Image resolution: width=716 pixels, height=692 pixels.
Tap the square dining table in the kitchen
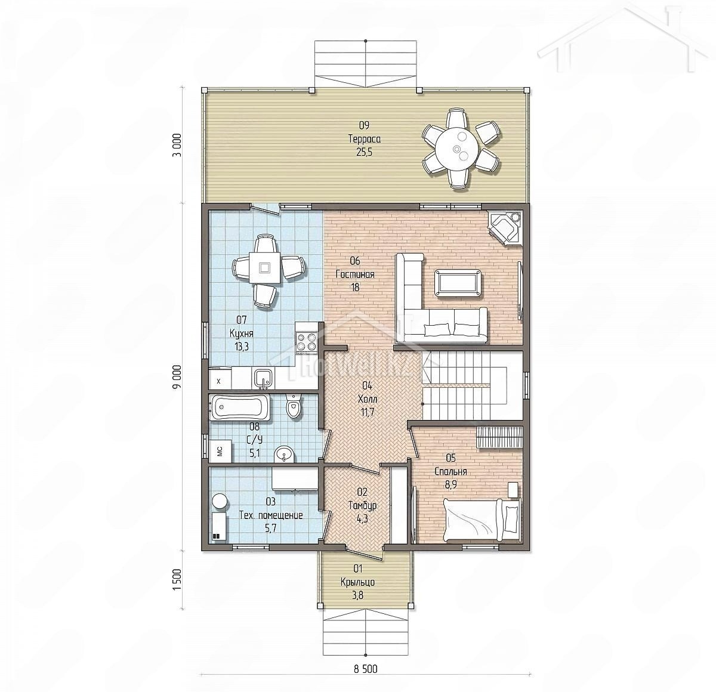click(264, 267)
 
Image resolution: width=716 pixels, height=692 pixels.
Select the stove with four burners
click(306, 341)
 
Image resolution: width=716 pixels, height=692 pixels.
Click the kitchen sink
click(263, 379)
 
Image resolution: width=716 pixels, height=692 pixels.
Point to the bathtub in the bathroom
click(239, 407)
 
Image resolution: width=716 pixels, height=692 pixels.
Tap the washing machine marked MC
click(220, 452)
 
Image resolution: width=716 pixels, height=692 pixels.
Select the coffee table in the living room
click(458, 283)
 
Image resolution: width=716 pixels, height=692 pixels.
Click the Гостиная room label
click(355, 274)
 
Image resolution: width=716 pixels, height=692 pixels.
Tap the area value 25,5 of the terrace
click(364, 152)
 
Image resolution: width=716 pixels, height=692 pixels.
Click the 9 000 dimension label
click(178, 376)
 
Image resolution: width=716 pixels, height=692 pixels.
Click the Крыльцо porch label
click(357, 582)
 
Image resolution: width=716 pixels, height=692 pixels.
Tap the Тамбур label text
click(363, 505)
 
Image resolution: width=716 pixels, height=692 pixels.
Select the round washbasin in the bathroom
click(285, 454)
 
